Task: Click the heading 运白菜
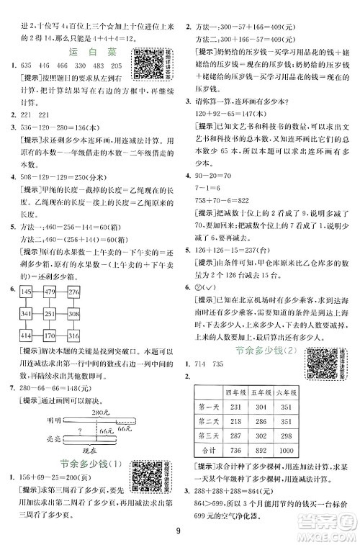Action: [x=88, y=53]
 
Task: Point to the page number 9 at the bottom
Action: [x=180, y=531]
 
